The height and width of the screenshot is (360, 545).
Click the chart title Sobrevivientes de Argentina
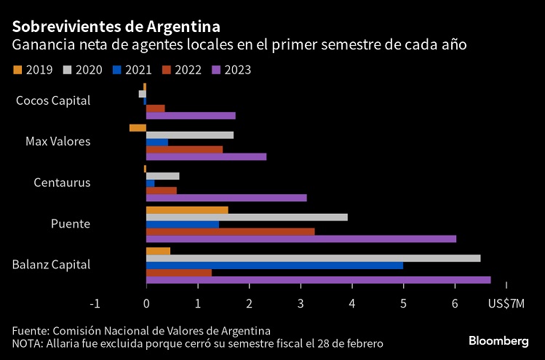point(116,27)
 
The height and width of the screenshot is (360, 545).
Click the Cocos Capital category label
point(53,100)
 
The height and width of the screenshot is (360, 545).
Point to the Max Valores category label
point(58,141)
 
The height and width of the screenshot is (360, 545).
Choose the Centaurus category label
point(62,182)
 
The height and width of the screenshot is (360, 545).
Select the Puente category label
point(70,223)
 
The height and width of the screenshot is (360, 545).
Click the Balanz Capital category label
point(52,264)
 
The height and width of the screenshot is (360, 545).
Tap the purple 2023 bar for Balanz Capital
point(318,280)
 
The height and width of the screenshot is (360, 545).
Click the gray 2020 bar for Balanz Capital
point(313,258)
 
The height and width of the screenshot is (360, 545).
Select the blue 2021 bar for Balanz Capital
point(274,265)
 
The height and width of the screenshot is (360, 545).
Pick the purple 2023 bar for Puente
point(301,239)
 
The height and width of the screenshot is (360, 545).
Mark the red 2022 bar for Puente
point(230,231)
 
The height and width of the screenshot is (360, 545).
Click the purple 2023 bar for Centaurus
point(226,198)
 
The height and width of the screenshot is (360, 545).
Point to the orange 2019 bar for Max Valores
point(138,128)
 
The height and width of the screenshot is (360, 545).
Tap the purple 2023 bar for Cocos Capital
point(191,116)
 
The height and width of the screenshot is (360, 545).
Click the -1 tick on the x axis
point(94,303)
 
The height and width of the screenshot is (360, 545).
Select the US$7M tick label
point(505,303)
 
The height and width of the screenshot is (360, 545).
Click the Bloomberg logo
point(498,340)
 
